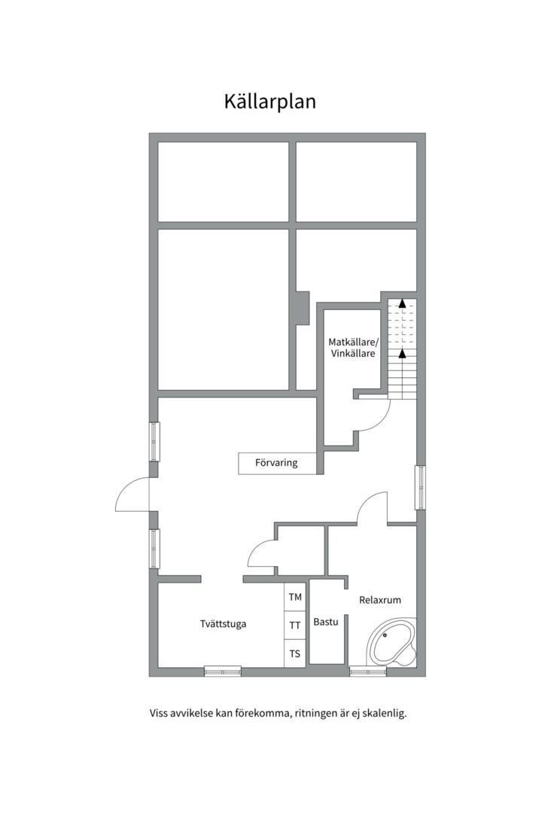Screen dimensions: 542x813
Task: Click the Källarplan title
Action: [x=269, y=102]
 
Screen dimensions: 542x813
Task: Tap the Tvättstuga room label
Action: [x=223, y=624]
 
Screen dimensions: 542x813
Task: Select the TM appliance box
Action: [x=295, y=597]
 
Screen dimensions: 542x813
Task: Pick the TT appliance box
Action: [x=295, y=626]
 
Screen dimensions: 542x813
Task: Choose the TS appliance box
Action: [x=295, y=653]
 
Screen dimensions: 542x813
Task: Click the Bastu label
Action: [x=326, y=622]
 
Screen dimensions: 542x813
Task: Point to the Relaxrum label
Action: [x=380, y=600]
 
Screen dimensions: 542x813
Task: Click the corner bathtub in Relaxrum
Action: [x=391, y=641]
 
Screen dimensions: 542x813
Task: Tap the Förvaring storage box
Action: [x=277, y=463]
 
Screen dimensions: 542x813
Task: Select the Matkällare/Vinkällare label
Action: [x=354, y=348]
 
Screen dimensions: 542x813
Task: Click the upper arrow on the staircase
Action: [x=402, y=303]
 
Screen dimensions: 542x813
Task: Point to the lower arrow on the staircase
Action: [x=402, y=354]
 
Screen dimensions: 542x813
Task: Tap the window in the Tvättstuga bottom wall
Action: [x=223, y=671]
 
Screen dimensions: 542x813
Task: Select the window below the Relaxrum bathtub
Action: [x=367, y=671]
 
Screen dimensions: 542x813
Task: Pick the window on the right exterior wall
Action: [x=420, y=487]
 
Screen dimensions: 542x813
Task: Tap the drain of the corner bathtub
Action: [x=385, y=635]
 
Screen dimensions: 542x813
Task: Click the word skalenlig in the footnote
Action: [x=385, y=714]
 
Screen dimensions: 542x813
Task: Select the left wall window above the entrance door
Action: [x=154, y=442]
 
